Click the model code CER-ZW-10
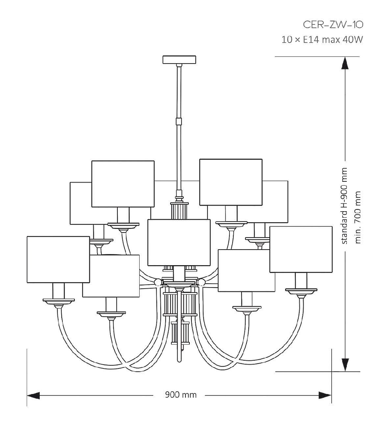coord(333,24)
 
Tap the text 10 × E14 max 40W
coord(322,39)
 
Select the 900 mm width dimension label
coord(181,395)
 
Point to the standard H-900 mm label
coord(344,206)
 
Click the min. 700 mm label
coord(358,217)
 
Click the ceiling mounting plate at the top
coord(179,59)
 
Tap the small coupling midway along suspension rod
coord(179,121)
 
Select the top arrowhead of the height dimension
coord(344,64)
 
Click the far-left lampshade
coord(58,260)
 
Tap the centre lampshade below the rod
coord(179,242)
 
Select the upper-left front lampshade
coord(123,184)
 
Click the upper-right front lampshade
coord(231,182)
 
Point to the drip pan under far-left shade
coord(59,301)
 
